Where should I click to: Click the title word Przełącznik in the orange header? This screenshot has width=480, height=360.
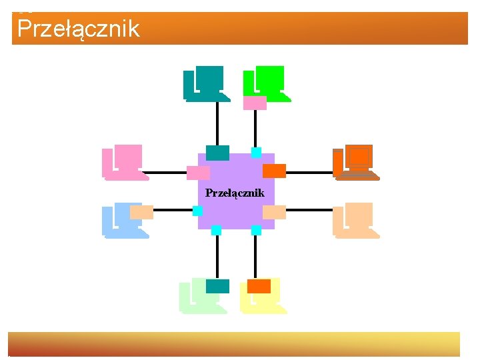79,29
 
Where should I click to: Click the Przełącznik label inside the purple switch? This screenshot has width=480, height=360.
235,193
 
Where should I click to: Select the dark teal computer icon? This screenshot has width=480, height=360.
206,83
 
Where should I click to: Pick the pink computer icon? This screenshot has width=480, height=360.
125,163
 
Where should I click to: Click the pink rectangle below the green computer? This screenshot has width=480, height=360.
255,103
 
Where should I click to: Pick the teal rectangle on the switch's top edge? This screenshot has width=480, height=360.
217,153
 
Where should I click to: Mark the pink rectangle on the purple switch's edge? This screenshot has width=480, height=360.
198,173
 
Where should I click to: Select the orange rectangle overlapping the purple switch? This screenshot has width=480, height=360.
274,171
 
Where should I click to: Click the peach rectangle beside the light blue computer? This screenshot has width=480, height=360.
141,212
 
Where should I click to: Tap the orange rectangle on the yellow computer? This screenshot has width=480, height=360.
259,286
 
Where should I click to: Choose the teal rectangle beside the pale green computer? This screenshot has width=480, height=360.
217,286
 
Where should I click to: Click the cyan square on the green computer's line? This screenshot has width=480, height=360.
256,153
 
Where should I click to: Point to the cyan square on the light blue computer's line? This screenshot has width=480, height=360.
197,211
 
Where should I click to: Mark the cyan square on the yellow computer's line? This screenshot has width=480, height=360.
256,230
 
